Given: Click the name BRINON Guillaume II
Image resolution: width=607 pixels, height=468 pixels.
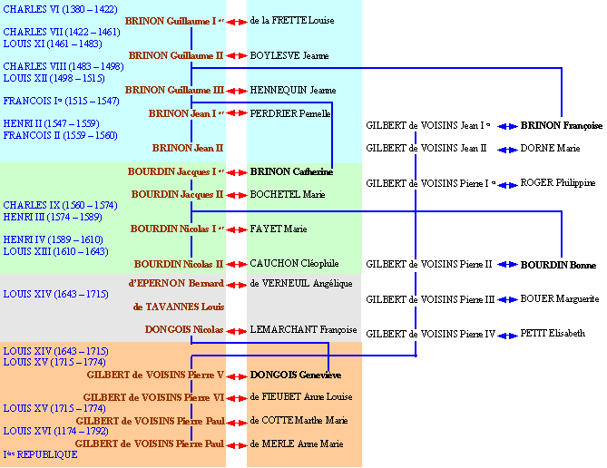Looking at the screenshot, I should click(176, 55).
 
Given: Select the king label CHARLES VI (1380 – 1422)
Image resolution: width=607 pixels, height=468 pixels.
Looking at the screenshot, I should click(60, 9).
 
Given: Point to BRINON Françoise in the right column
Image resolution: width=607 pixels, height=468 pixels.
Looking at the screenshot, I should click(561, 126).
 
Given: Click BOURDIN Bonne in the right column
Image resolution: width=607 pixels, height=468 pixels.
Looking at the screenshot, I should click(558, 265).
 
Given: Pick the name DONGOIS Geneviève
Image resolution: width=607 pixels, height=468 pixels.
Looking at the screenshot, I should click(295, 375).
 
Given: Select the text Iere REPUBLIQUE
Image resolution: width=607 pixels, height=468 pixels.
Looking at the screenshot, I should click(41, 454).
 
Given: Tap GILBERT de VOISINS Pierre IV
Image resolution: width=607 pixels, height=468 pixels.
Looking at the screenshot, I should click(430, 334).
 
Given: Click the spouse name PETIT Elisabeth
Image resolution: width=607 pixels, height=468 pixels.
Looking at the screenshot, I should click(553, 334).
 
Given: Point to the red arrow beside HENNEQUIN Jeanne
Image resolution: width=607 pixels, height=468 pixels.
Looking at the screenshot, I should click(236, 91).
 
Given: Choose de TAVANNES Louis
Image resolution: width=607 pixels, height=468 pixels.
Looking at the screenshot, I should click(178, 307).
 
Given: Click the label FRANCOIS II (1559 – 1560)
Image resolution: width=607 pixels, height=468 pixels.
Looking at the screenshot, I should click(60, 135).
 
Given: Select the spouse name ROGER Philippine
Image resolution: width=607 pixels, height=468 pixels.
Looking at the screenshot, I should click(557, 182).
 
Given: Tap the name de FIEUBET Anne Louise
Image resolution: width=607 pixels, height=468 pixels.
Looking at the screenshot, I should click(301, 396).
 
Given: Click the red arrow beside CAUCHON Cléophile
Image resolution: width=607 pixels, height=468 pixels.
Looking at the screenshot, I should click(236, 264).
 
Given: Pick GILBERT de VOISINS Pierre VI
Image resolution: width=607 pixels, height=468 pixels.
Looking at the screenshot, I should click(153, 397).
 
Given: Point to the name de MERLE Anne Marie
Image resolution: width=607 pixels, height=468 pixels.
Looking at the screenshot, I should click(297, 444).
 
